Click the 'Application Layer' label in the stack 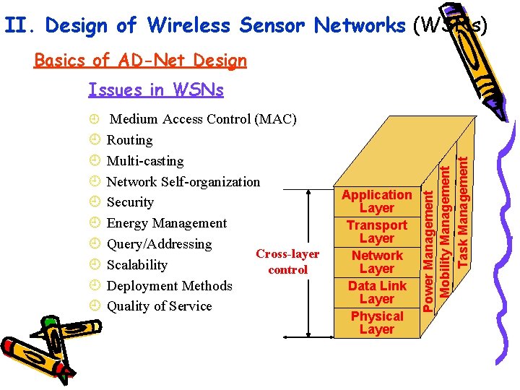pos(376,201)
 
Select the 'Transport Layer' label pos(376,232)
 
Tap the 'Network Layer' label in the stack pos(376,262)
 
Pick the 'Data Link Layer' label pos(376,292)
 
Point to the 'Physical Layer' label pos(376,323)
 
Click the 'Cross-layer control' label pos(287,262)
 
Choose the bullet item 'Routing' pos(129,140)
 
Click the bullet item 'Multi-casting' pos(144,161)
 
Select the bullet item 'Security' pos(130,202)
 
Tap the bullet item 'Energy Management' pos(166,223)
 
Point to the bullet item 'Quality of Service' pos(159,306)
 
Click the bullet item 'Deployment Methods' pos(169,286)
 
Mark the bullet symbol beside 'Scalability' pos(95,265)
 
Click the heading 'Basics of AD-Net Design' pos(140,61)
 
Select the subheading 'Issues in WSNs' pos(155,90)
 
